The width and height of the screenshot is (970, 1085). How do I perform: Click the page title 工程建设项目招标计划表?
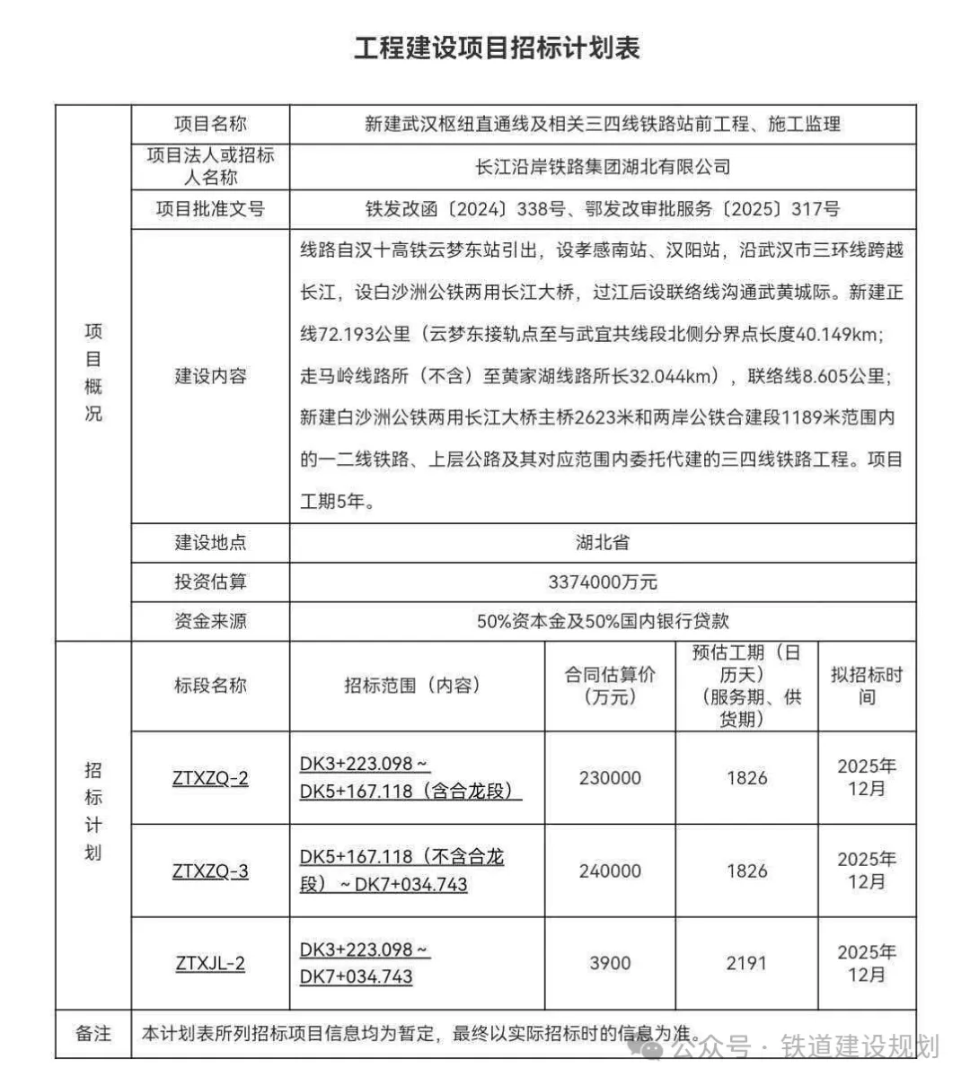(x=496, y=48)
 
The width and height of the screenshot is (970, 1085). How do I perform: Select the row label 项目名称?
(x=210, y=124)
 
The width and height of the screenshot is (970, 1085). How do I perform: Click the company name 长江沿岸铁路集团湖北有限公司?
(x=603, y=167)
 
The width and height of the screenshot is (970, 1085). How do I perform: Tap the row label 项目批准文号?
(x=210, y=209)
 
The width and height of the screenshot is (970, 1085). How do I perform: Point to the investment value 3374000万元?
(x=603, y=582)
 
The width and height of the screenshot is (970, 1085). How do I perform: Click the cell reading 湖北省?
(x=603, y=542)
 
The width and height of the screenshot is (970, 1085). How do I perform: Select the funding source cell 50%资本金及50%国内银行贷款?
(x=603, y=620)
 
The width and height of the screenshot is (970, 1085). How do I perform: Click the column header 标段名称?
(x=210, y=686)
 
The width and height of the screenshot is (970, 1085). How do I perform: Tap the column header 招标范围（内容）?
(x=417, y=686)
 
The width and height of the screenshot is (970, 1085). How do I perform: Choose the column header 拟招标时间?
(x=866, y=686)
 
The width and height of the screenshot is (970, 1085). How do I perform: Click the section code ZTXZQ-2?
(x=210, y=778)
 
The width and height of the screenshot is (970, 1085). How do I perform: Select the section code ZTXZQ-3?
(x=210, y=871)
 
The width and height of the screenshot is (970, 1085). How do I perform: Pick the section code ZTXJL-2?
(x=210, y=964)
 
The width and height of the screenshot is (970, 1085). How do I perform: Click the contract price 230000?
(x=610, y=778)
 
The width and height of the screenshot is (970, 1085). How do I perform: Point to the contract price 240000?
(x=610, y=871)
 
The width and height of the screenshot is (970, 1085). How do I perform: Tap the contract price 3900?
(x=610, y=964)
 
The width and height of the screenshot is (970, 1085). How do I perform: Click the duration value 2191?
(x=746, y=964)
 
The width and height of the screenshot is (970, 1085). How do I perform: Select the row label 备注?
(x=93, y=1034)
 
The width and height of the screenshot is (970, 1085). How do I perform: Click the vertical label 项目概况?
(x=93, y=372)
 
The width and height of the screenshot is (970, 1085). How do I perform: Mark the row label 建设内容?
(x=210, y=376)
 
